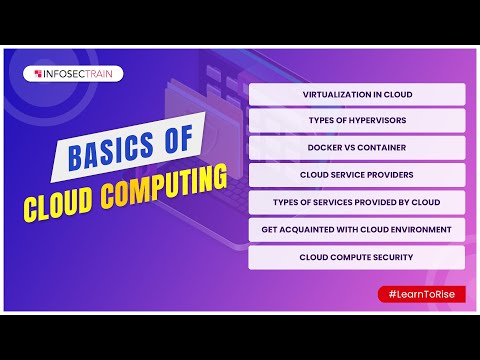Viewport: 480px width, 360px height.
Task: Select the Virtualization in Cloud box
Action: (x=357, y=95)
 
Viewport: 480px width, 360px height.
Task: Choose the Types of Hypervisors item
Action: (x=357, y=122)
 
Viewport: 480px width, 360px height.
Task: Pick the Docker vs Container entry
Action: (x=357, y=149)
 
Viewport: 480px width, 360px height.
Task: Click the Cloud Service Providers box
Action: (x=357, y=176)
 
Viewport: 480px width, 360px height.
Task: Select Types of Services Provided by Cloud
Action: (x=357, y=203)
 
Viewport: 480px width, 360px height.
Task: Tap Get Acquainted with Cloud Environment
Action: (x=357, y=230)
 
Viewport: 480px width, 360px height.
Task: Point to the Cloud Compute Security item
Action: (x=357, y=257)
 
